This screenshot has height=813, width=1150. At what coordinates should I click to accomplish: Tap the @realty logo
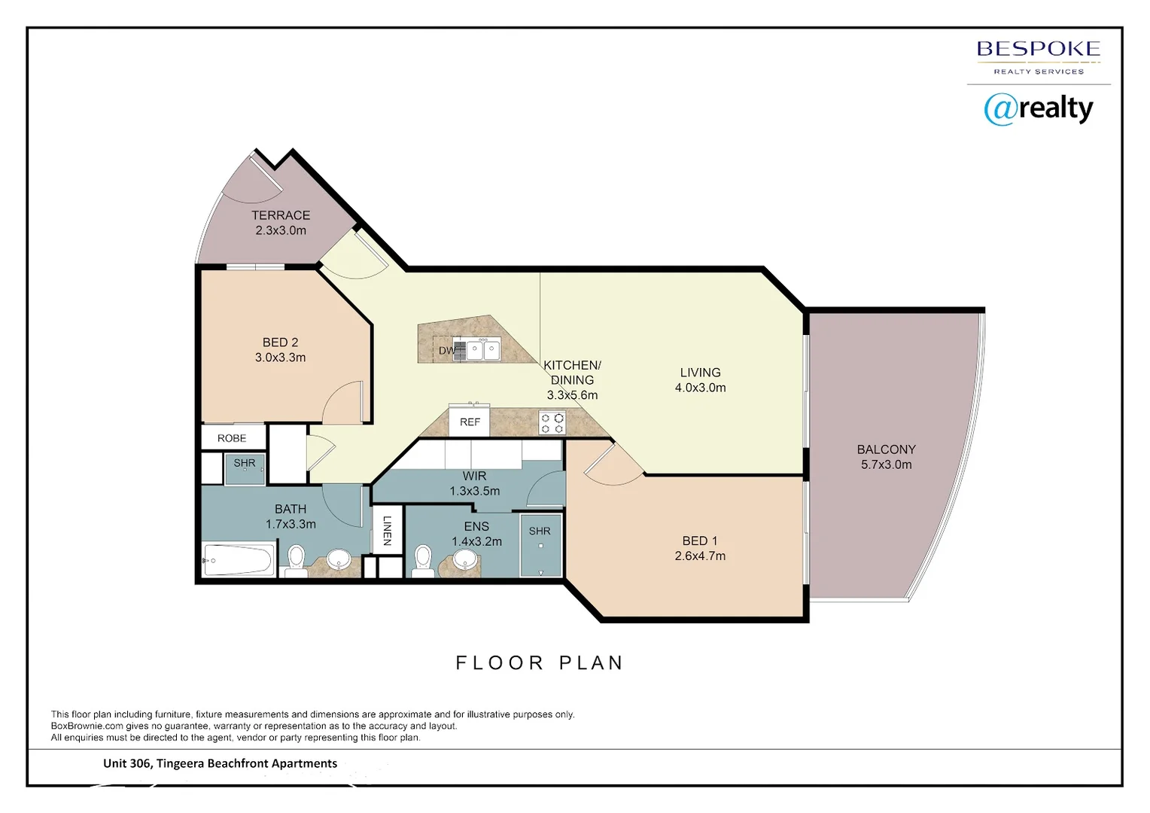1038,109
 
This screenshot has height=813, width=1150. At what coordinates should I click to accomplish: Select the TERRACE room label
281,215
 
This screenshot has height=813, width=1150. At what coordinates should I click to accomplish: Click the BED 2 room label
280,343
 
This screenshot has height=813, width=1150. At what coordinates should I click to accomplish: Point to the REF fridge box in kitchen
470,422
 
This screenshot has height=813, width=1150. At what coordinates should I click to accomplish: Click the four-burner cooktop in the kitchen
552,423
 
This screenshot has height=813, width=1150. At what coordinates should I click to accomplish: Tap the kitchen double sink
482,350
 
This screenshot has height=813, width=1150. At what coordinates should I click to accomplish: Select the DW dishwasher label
446,351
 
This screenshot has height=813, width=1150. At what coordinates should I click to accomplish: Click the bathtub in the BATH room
238,560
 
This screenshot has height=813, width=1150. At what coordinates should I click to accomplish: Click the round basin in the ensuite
465,558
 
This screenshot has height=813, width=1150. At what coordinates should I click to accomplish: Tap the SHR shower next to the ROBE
245,467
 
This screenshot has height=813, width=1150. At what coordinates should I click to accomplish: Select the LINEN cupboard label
387,530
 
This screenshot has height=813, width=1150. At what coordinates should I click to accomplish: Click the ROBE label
232,438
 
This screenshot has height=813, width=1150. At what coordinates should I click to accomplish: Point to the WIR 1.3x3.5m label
474,483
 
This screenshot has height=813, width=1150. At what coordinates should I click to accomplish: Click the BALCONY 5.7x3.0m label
886,457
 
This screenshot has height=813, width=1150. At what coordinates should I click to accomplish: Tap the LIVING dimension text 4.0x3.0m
700,388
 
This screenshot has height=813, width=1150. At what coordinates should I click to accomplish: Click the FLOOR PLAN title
540,662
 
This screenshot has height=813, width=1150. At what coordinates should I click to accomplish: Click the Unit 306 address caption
220,763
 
